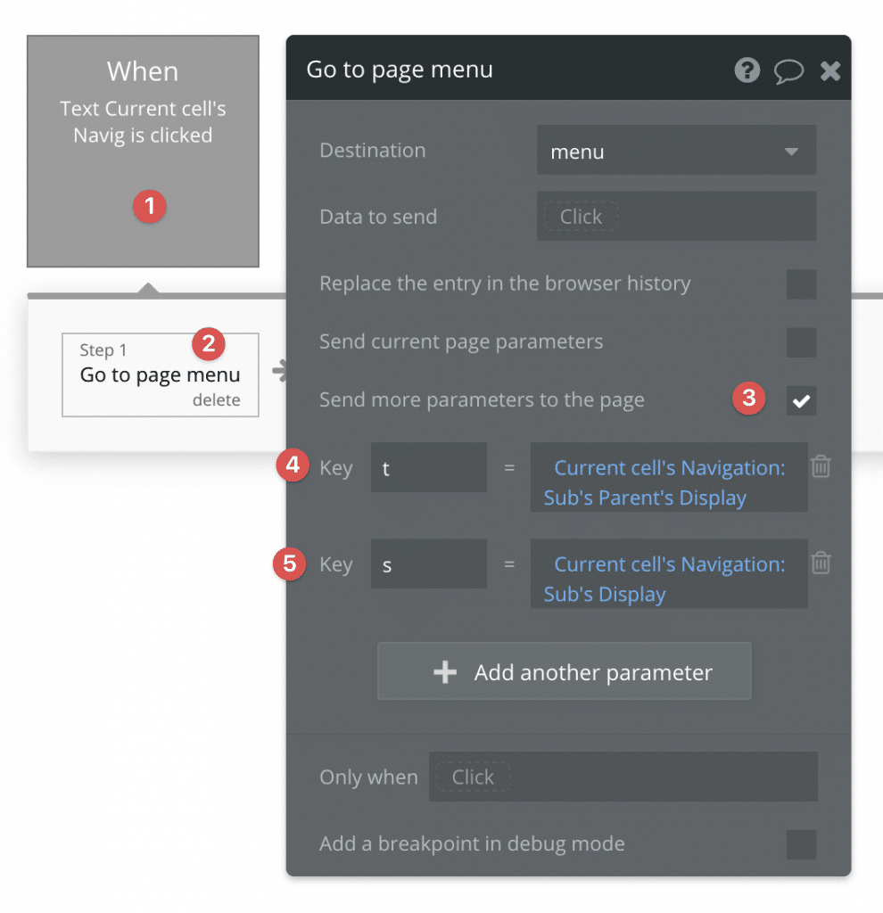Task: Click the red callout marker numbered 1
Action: (149, 207)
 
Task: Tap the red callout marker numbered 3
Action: (748, 399)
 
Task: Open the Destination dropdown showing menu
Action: (676, 152)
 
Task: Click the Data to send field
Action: (676, 217)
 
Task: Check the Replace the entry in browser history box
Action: (801, 284)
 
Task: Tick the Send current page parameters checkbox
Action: (801, 342)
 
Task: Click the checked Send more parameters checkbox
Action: (801, 400)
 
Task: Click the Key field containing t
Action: (428, 468)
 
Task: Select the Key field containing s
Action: (428, 564)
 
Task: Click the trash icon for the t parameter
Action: (821, 466)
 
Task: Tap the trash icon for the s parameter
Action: (821, 563)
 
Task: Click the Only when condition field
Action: (623, 777)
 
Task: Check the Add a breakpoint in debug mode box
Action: (801, 844)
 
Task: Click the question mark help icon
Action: (747, 70)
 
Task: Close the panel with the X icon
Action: (830, 70)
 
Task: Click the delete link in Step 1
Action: (216, 400)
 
